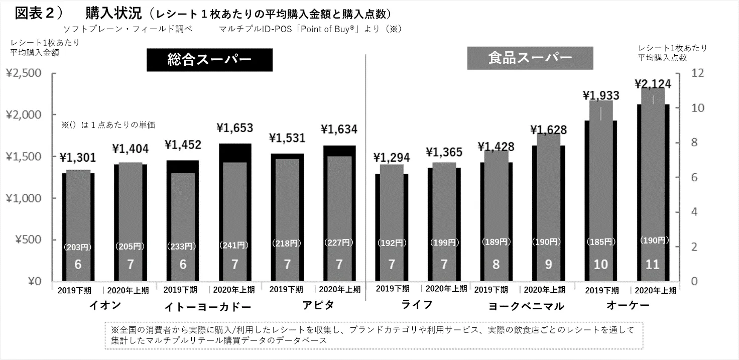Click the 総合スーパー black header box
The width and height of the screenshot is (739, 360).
(x=209, y=60)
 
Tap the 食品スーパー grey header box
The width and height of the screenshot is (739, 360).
(x=530, y=58)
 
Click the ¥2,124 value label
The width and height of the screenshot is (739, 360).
(x=653, y=83)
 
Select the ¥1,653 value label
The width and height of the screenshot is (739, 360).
(x=234, y=128)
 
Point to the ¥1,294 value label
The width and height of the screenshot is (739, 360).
(x=392, y=158)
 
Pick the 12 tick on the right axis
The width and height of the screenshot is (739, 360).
(x=698, y=73)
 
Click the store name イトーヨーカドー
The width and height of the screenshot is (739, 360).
(x=207, y=306)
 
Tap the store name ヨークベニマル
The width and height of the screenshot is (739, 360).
(x=526, y=306)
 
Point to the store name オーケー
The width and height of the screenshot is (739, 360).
(x=628, y=305)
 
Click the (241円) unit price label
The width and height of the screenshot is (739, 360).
(x=234, y=245)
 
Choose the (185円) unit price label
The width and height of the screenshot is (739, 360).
(x=601, y=242)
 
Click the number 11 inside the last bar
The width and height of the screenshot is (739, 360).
(x=652, y=264)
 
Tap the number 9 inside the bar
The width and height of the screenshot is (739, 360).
(x=548, y=264)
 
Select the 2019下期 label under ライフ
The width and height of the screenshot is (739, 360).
(x=392, y=289)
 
